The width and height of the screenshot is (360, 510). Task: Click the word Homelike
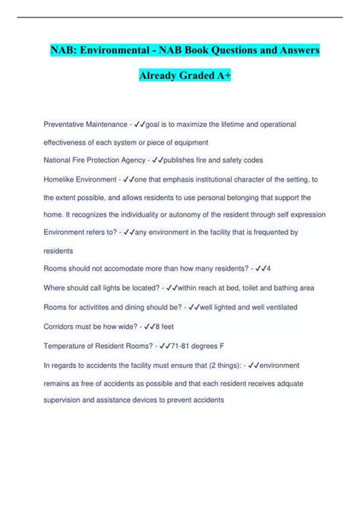61,179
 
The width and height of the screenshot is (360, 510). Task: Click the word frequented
264,233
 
